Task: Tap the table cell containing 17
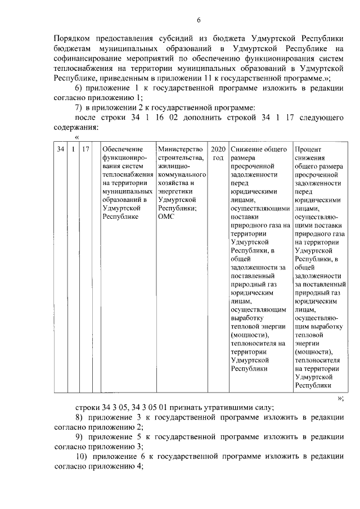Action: (85, 149)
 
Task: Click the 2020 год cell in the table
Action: (218, 154)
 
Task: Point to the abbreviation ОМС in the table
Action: (167, 217)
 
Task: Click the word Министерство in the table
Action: (180, 149)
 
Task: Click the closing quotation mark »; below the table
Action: (340, 397)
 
